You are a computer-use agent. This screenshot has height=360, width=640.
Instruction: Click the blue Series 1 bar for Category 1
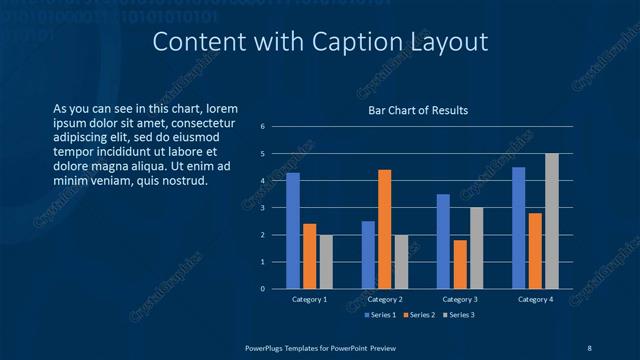pos(293,231)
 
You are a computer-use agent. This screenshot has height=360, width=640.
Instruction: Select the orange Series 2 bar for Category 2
pos(384,229)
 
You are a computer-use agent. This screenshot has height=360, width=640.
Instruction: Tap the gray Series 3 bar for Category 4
pos(551,221)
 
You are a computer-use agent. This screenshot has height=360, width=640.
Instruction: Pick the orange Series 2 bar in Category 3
pos(460,264)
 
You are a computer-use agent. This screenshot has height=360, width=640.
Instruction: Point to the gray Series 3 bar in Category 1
pos(325,262)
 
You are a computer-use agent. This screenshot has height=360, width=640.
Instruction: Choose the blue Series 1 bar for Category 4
pos(519,228)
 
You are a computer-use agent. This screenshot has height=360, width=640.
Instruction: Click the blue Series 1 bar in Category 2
pos(368,255)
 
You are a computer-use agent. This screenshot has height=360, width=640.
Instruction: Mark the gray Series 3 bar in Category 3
pos(476,248)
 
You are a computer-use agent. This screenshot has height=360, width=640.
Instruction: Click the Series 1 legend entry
pos(381,315)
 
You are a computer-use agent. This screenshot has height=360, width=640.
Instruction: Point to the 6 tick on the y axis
pos(262,127)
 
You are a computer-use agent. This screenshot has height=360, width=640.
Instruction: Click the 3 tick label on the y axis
pos(262,208)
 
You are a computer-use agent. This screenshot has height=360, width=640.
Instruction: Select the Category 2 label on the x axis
pos(385,299)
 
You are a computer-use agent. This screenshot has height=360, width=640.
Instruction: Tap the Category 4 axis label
pos(535,299)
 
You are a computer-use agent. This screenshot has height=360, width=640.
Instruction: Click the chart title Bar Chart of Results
pos(417,110)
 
